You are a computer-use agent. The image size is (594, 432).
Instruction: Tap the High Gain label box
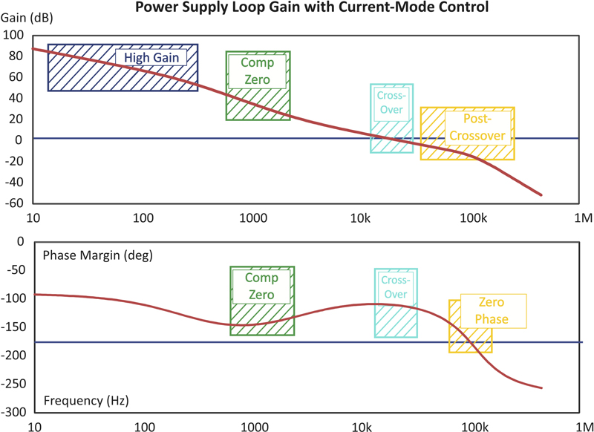[151, 59]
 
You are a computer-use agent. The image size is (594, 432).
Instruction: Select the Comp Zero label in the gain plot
[252, 71]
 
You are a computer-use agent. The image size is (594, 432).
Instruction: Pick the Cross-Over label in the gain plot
[392, 102]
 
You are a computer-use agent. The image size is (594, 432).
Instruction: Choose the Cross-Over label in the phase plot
[396, 287]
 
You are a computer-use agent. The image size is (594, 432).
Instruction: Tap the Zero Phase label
[493, 311]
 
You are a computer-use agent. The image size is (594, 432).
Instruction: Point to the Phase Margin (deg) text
[98, 255]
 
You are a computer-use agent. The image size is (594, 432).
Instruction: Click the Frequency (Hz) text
[86, 400]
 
